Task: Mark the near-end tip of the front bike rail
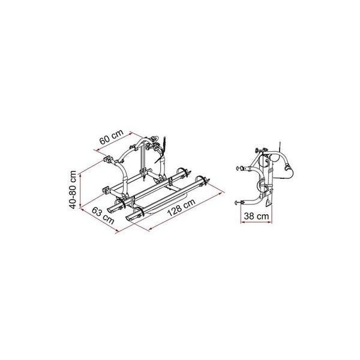coord(131,218)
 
